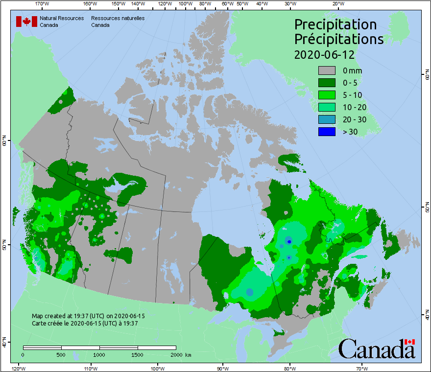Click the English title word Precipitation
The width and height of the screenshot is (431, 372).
point(335,24)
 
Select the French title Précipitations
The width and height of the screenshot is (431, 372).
point(338,39)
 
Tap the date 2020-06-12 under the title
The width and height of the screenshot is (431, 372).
point(324,54)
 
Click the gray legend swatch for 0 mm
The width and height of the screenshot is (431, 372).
point(327,70)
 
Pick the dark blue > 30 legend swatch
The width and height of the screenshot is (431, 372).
point(327,132)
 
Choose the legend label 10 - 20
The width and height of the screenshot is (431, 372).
point(355,107)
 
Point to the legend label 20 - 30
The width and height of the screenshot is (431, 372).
point(355,119)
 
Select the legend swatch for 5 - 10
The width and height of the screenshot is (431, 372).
point(327,95)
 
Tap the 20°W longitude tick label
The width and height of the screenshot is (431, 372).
point(337,4)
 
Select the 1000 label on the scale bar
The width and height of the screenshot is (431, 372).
point(99,354)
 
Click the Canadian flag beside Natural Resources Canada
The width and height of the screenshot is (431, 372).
point(26,22)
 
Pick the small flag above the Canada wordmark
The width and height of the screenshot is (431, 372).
point(409,342)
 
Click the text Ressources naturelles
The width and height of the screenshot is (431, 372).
point(114,18)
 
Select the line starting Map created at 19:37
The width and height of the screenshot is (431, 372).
point(88,316)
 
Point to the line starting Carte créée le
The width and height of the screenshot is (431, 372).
point(85,323)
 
